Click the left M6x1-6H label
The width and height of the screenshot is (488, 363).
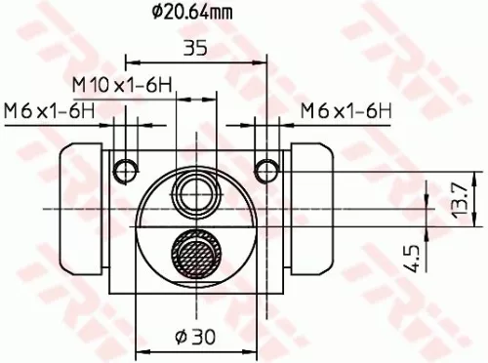point(50,109)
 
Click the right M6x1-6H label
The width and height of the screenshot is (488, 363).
point(345,109)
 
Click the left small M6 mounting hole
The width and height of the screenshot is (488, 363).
point(125,171)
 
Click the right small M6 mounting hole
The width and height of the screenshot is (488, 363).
point(265,171)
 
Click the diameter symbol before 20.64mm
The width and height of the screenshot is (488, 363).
point(157,13)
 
